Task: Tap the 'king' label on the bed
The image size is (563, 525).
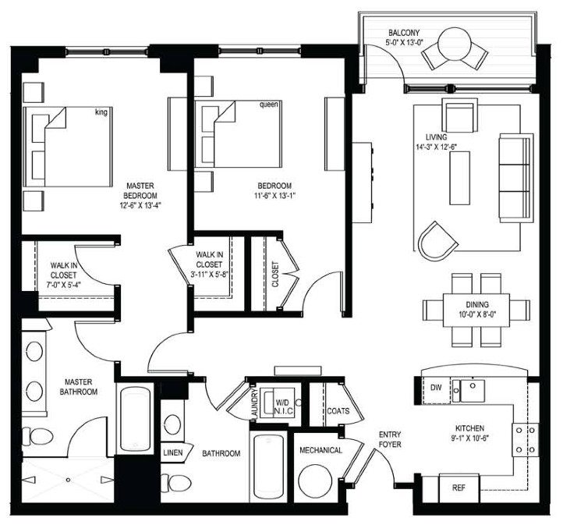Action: pos(101,112)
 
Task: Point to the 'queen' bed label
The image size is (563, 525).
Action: pos(268,105)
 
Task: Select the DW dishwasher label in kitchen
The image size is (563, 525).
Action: pos(436,388)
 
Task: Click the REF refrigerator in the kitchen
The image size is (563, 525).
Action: pos(459,488)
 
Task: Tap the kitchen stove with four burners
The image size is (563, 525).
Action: pos(525,439)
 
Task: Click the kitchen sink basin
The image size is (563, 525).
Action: pos(473,391)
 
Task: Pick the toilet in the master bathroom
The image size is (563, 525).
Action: pos(37,437)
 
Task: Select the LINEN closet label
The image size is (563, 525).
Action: pos(172,452)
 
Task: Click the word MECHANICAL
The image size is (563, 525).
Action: pos(320,450)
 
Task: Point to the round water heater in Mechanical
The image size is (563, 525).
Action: pos(315,481)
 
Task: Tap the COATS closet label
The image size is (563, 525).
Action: pos(338,411)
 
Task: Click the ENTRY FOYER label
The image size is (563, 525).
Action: pos(390,439)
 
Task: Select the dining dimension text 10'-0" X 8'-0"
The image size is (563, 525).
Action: pos(477,314)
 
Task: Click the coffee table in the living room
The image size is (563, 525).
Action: pos(459,178)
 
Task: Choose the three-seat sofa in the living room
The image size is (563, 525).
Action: pos(516,178)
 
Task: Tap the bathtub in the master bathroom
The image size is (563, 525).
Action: pos(135,418)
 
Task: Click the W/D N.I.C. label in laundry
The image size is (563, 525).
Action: pos(284,406)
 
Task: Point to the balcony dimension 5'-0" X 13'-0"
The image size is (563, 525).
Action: pos(405,42)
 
